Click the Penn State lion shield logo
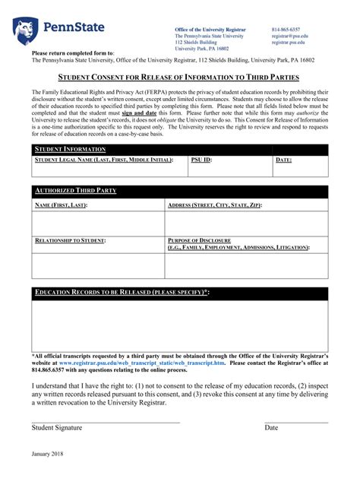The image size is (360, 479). point(25,30)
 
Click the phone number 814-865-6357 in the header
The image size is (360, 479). point(286,29)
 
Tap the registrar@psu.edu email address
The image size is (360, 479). point(290,36)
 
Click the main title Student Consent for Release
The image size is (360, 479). point(179,78)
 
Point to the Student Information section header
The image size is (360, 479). point(71,150)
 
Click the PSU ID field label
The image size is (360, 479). point(201,160)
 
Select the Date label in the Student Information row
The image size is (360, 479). point(283,160)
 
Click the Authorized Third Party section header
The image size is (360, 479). point(76,191)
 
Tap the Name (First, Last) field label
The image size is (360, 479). point(62,205)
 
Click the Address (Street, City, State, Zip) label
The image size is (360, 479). point(214,205)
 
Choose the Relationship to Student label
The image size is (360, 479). point(71,240)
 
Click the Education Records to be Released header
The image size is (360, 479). point(122,293)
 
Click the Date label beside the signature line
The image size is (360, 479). point(271,428)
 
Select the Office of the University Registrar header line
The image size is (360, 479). point(210,29)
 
